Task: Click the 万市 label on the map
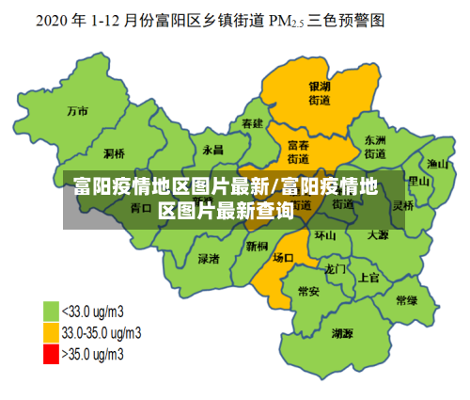tap(77, 111)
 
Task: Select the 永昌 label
tap(212, 150)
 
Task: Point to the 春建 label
tap(251, 123)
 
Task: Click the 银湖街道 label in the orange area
tap(320, 92)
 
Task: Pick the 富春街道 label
tap(298, 152)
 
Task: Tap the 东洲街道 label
tap(375, 146)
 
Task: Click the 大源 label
tap(378, 234)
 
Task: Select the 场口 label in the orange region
tap(282, 256)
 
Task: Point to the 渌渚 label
tap(209, 257)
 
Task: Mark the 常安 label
tap(307, 292)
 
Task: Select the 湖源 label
tap(342, 333)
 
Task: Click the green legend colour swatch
tap(51, 311)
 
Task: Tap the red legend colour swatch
tap(51, 354)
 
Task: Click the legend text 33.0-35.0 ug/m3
tap(102, 332)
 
